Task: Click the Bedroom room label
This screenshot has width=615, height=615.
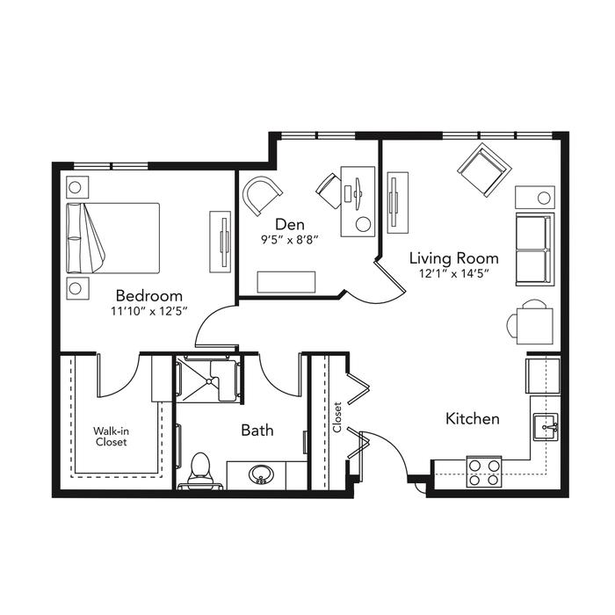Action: pyautogui.click(x=149, y=295)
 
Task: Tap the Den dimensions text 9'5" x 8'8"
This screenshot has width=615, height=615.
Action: pyautogui.click(x=289, y=240)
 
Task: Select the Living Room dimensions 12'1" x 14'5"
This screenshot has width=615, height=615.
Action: pyautogui.click(x=454, y=273)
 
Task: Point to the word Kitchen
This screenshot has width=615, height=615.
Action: pyautogui.click(x=473, y=418)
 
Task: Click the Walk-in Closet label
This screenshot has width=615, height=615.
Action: pyautogui.click(x=111, y=437)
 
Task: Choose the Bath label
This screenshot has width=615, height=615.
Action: pyautogui.click(x=257, y=430)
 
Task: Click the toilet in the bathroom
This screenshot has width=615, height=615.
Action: pyautogui.click(x=200, y=470)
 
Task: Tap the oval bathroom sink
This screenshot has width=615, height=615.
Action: pyautogui.click(x=261, y=474)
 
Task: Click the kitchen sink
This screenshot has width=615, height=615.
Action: pyautogui.click(x=546, y=427)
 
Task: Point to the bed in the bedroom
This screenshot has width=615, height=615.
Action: pyautogui.click(x=113, y=238)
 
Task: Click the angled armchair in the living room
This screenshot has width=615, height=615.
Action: pyautogui.click(x=484, y=170)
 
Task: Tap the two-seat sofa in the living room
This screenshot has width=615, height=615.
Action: pyautogui.click(x=535, y=250)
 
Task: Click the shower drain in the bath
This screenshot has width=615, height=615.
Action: pyautogui.click(x=210, y=380)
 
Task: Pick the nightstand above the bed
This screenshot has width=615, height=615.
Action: pyautogui.click(x=77, y=187)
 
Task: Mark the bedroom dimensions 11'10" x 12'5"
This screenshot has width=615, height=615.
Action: pyautogui.click(x=149, y=311)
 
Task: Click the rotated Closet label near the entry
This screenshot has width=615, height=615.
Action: pyautogui.click(x=337, y=417)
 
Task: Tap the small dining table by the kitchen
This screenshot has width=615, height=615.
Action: pyautogui.click(x=534, y=326)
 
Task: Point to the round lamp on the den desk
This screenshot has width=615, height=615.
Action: pyautogui.click(x=363, y=224)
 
